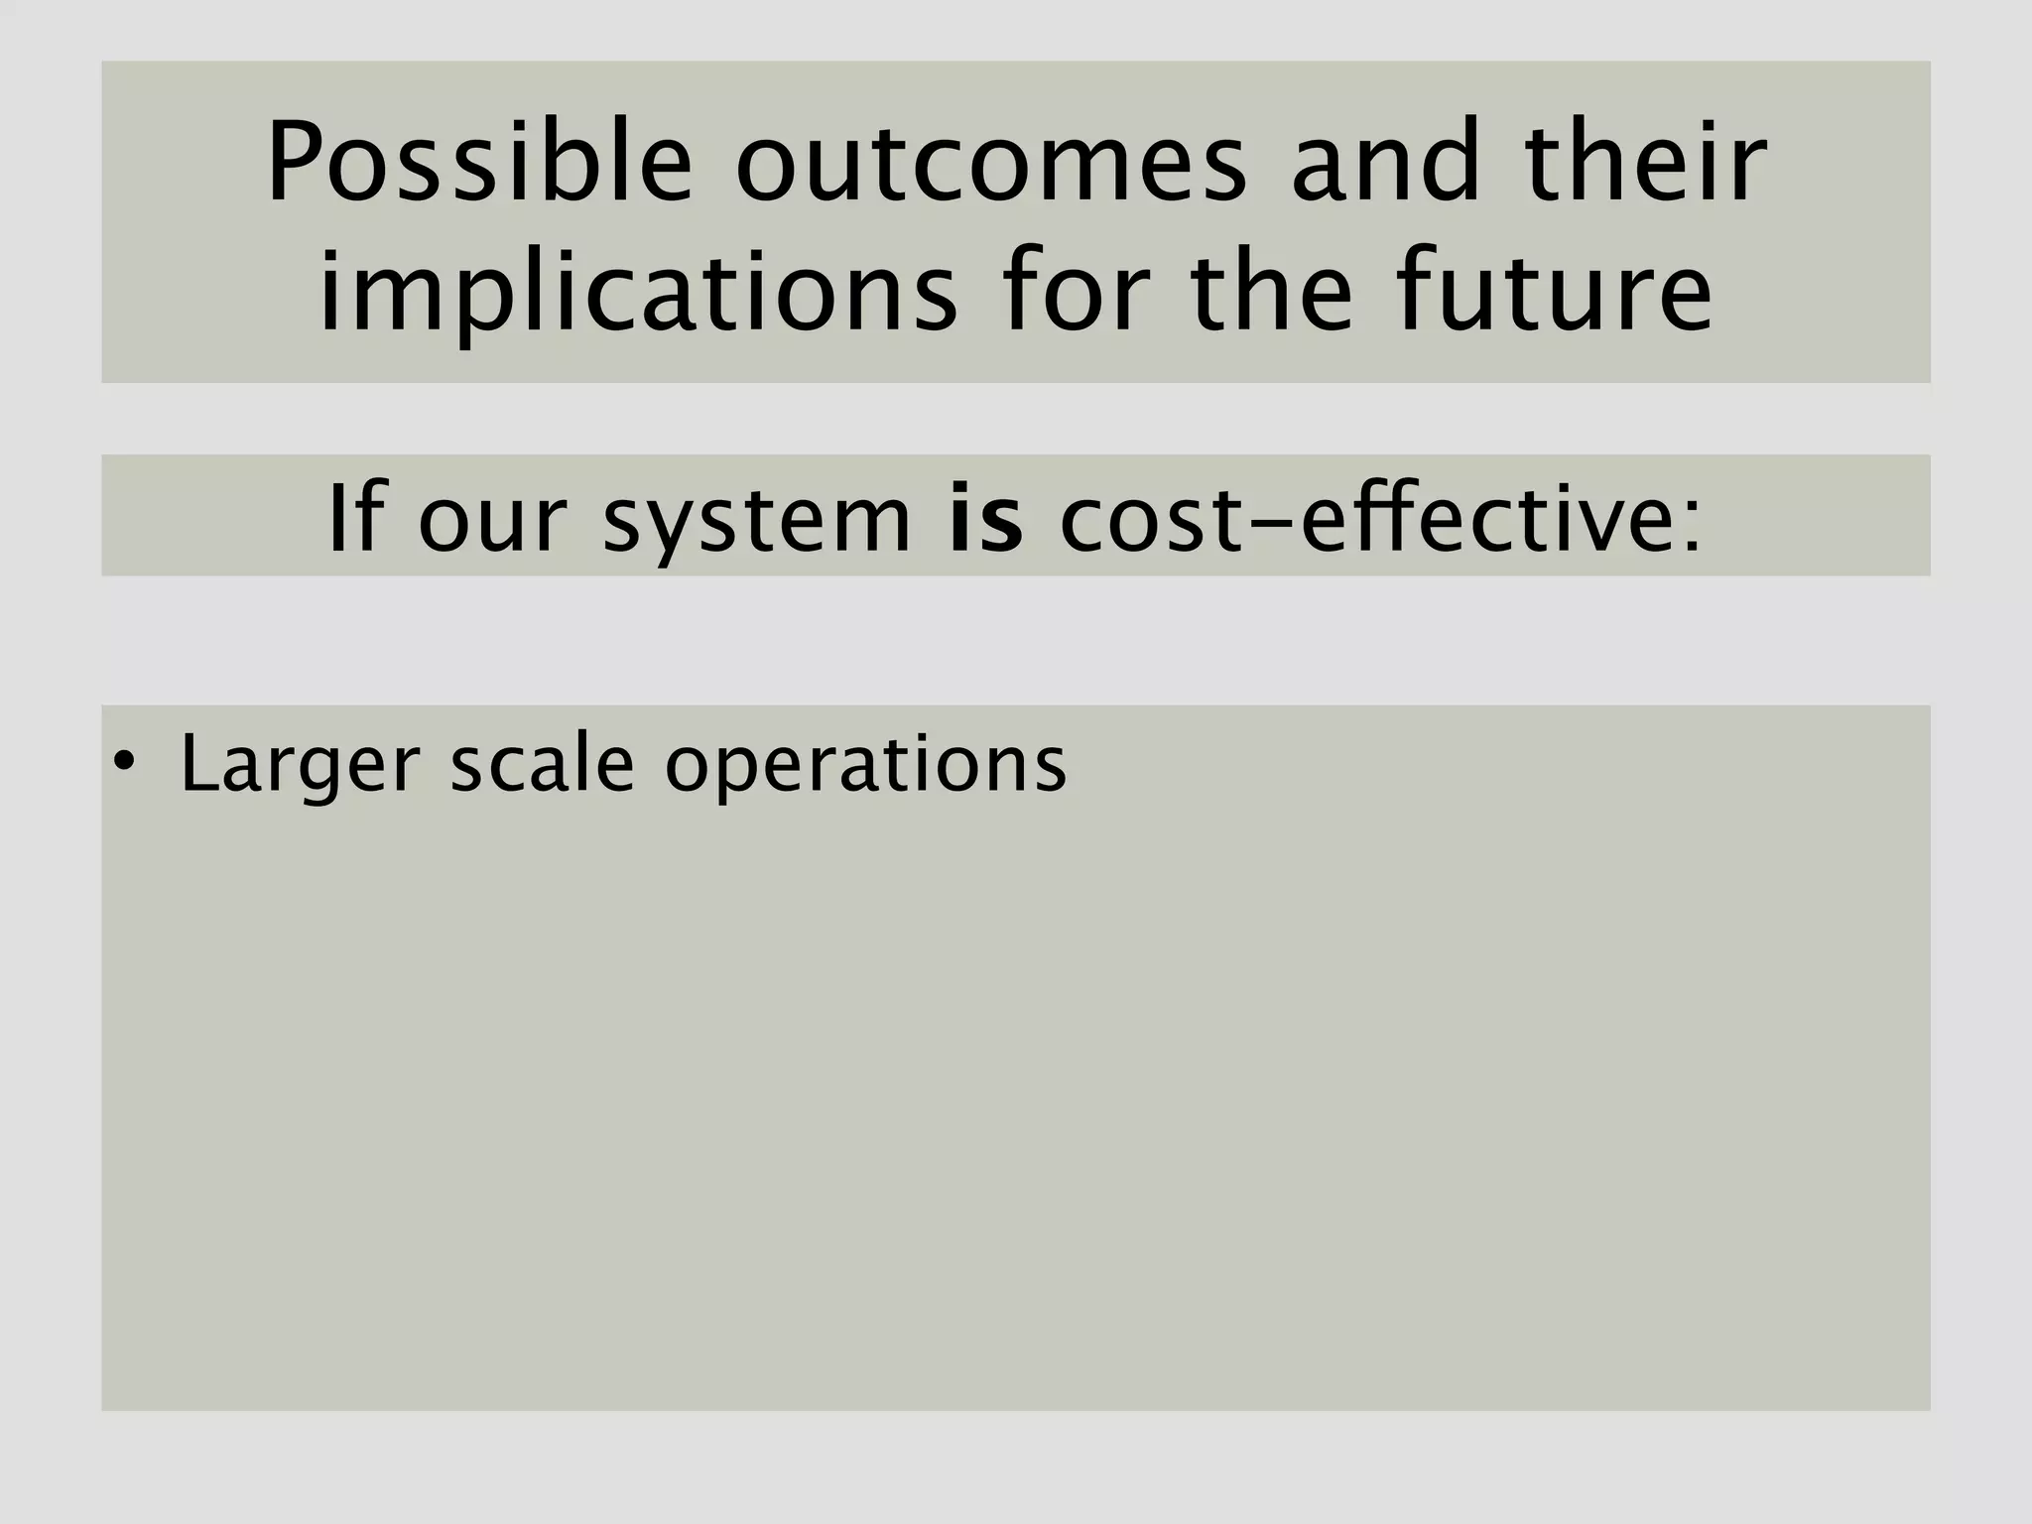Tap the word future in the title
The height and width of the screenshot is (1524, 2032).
tap(1554, 294)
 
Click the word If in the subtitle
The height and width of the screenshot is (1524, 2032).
tap(351, 518)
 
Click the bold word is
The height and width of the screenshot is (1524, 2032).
tap(985, 518)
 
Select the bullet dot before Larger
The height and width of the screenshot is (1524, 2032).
tap(123, 762)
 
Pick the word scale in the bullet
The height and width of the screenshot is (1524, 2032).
tap(542, 764)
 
